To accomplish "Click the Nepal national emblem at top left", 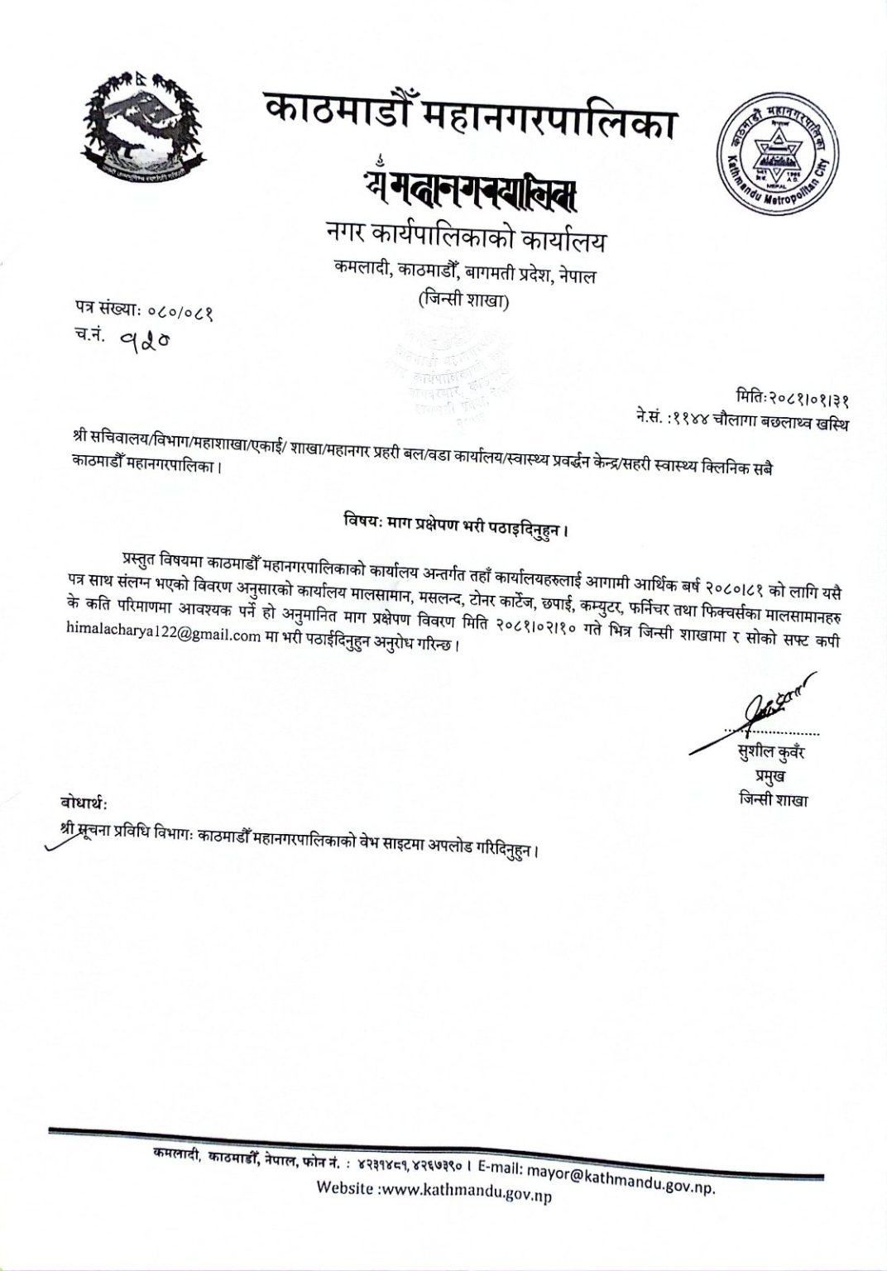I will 141,124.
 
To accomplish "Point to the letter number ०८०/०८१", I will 180,312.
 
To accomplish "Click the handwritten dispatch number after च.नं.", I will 142,338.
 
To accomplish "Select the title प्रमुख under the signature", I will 770,776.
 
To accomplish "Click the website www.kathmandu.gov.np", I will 463,1192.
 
